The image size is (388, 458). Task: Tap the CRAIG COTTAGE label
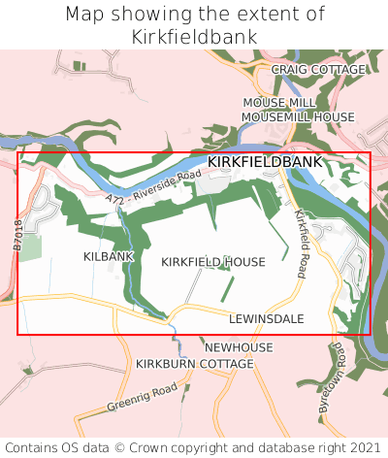point(318,70)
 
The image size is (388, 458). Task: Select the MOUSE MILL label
point(278,102)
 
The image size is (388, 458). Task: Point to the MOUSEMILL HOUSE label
point(298,116)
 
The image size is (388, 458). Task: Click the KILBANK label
point(109,256)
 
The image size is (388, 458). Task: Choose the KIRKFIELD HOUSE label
point(212,262)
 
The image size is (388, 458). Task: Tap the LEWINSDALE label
point(267,318)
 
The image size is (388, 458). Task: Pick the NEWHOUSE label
point(239,346)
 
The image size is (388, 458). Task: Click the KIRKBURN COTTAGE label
point(194,363)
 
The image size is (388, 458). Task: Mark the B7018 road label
point(17,236)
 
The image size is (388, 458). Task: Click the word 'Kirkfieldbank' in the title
point(194,37)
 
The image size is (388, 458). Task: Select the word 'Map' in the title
point(85,15)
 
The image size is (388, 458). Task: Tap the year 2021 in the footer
point(366,447)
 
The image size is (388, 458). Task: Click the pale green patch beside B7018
point(31,247)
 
